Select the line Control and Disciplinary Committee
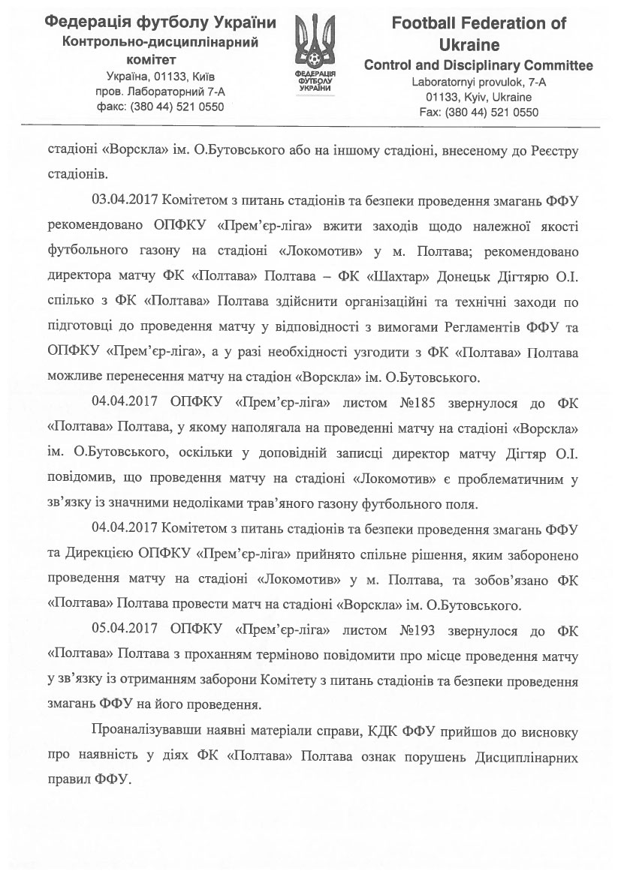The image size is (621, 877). click(478, 65)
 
